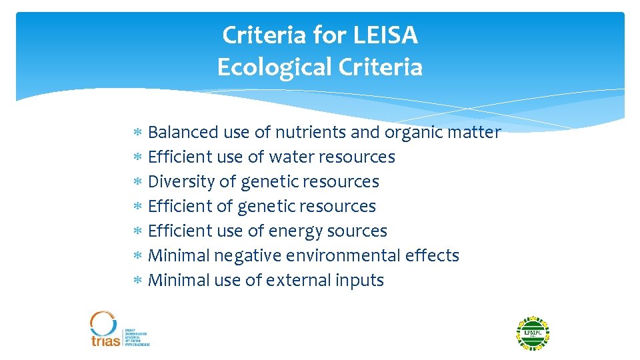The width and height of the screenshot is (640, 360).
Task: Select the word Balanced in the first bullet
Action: point(183,133)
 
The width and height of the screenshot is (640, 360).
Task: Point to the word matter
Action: point(473,133)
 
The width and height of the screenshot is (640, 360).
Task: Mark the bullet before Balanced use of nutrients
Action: point(137,133)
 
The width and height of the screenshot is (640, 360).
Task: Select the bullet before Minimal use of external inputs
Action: point(137,281)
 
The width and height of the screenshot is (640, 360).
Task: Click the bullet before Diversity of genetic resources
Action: point(137,183)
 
